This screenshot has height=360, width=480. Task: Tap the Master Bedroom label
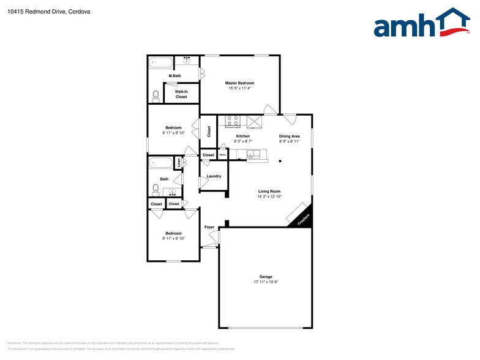(239, 83)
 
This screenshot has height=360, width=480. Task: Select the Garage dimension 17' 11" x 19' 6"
(266, 282)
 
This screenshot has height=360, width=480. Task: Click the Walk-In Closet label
(181, 94)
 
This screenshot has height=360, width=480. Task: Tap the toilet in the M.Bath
(156, 96)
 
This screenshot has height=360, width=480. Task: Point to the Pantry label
(223, 155)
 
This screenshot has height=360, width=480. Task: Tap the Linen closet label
(178, 163)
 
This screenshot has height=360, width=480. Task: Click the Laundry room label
(214, 176)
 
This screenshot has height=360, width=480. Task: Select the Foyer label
(209, 227)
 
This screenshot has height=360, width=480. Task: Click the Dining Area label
(289, 136)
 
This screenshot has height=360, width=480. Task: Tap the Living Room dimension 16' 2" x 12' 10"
(269, 197)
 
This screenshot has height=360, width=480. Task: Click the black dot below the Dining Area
(280, 161)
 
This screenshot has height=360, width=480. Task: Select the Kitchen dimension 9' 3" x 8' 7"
(243, 141)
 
